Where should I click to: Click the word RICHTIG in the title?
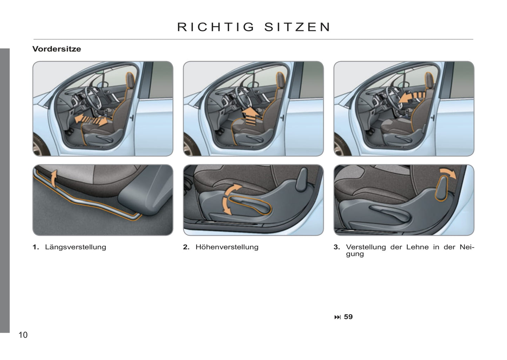[x=216, y=27]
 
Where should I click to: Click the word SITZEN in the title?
[x=297, y=27]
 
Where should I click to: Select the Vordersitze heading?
[x=56, y=49]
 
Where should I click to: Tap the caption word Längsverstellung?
[x=75, y=247]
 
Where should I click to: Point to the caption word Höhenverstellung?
[x=227, y=247]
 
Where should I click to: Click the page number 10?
[x=23, y=335]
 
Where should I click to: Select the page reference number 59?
[x=348, y=317]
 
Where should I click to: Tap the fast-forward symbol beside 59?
[x=337, y=317]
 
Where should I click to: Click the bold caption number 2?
[x=186, y=247]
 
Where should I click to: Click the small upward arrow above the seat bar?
[x=53, y=179]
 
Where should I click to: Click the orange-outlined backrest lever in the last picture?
[x=441, y=188]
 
